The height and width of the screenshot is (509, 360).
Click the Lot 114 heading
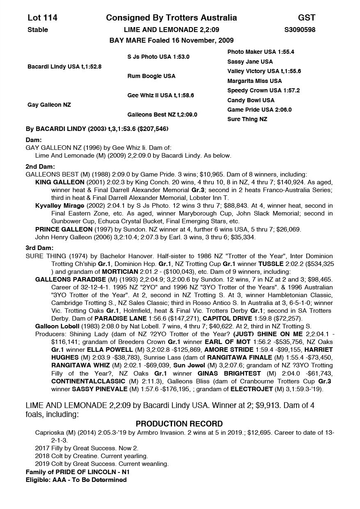point(42,18)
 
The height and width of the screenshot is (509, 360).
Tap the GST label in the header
point(306,18)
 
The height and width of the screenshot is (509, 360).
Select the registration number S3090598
point(300,30)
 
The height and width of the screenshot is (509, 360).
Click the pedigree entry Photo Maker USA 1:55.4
point(260,52)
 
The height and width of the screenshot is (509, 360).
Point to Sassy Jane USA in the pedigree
point(250,62)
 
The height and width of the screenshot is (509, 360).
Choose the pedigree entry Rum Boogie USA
point(151,76)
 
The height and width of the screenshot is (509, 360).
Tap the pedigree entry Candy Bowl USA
point(251,100)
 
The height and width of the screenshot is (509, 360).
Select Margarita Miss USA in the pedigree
point(255,81)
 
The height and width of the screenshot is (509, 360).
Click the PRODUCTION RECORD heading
point(179,424)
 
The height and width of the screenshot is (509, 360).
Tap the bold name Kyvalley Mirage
point(60,205)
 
